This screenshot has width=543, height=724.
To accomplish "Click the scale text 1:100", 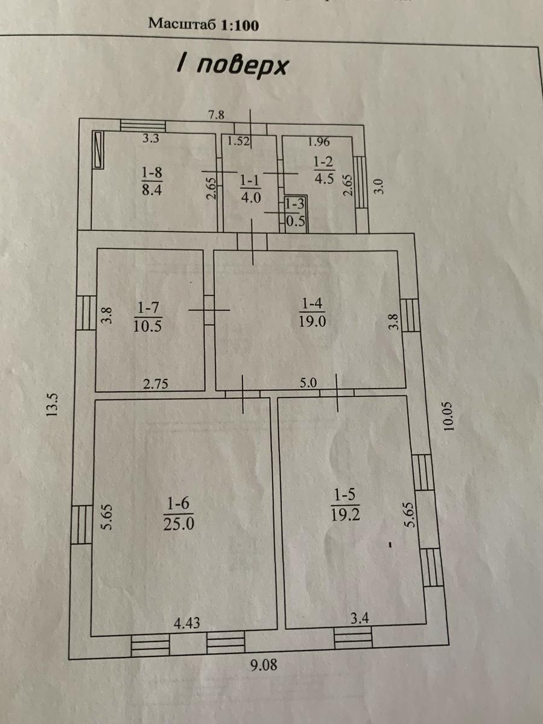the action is [240, 25].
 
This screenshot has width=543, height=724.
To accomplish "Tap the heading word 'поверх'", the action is [243, 68].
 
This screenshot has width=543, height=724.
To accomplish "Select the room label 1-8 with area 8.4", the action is [152, 181].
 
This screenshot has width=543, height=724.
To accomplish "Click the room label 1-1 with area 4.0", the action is [250, 189].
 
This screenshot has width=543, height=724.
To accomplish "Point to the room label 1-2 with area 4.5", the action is [324, 171].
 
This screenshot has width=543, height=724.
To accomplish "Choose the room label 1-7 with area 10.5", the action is [147, 317].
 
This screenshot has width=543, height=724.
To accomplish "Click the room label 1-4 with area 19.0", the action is [312, 312].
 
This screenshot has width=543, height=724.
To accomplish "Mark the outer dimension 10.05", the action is [449, 416].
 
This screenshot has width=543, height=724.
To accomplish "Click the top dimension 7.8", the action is [217, 115].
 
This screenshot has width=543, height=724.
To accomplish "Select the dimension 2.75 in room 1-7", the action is [155, 384].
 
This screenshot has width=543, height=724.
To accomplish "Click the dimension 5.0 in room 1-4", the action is [308, 383].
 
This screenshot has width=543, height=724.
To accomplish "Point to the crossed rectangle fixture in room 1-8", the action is [98, 150].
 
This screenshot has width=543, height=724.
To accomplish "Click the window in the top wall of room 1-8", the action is [142, 125].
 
